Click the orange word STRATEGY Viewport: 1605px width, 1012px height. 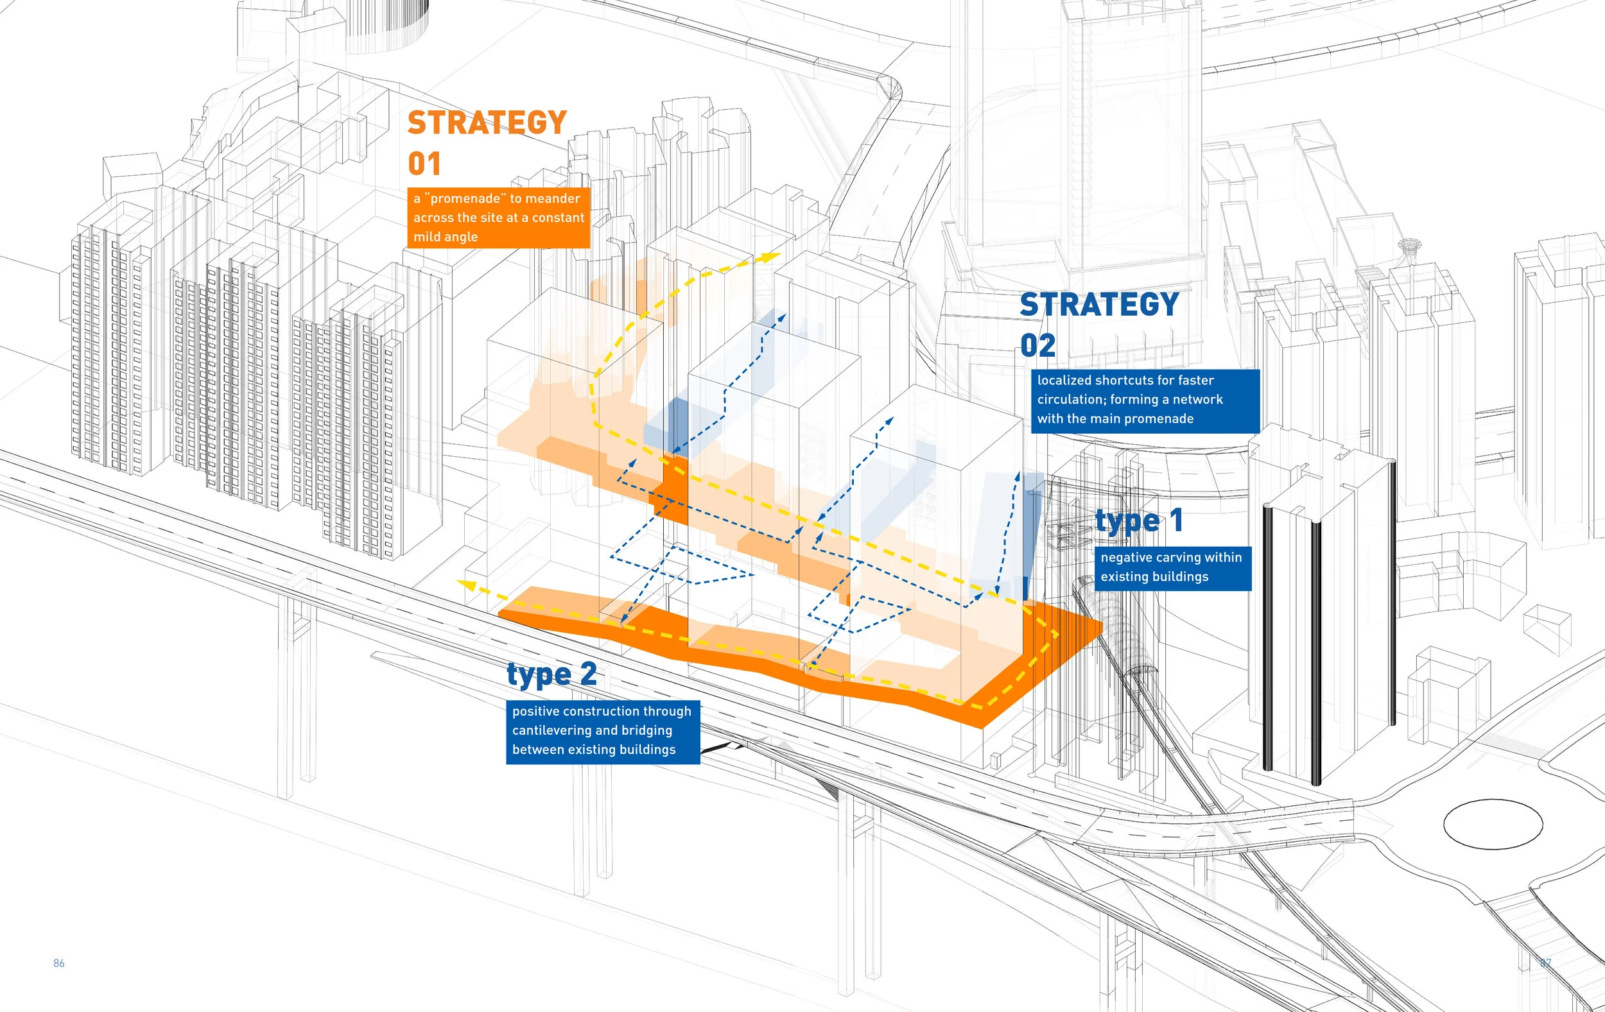(487, 123)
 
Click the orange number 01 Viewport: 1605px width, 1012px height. (424, 164)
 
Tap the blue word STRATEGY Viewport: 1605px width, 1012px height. (1099, 305)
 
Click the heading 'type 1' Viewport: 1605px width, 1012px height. (1139, 521)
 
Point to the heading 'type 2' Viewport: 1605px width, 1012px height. (551, 675)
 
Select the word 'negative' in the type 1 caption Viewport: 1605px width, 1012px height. (1125, 558)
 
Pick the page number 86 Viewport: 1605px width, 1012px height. (58, 963)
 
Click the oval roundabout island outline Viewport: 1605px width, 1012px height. (1493, 824)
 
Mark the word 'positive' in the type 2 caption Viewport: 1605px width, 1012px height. (535, 712)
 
